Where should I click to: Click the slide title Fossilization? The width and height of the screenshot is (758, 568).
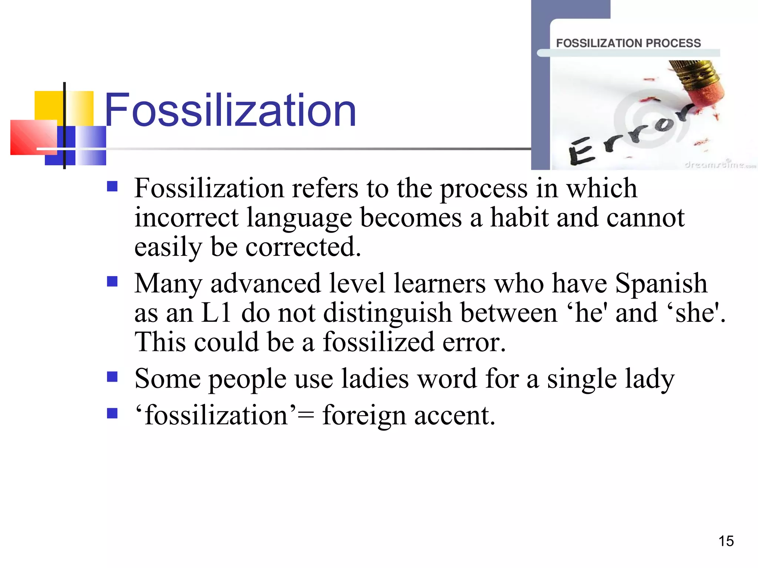(230, 110)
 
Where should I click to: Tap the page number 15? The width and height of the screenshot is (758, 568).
(726, 541)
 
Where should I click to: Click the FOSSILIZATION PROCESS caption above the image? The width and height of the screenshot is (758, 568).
(628, 43)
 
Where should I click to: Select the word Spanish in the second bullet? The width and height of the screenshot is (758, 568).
(661, 284)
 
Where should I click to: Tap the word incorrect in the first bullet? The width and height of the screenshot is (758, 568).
(186, 217)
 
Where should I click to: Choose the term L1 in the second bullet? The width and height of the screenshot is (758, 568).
(216, 313)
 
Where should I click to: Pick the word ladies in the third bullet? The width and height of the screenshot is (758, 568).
(375, 379)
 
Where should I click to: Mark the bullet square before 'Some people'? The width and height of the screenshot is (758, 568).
(112, 377)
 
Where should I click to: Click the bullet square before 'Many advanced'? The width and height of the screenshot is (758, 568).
(112, 282)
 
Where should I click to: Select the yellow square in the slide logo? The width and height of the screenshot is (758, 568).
(48, 105)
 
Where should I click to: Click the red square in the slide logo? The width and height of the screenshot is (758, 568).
(33, 137)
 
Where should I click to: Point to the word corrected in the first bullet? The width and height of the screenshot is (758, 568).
(303, 247)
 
